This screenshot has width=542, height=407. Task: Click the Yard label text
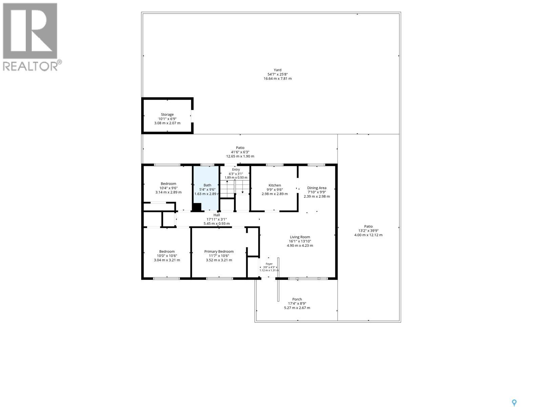coord(277,70)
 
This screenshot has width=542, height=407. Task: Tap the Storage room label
coord(167,114)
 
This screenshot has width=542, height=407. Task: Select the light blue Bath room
coord(206,189)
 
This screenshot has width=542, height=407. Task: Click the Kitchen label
coord(275,185)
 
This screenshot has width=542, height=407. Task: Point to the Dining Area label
coord(316,188)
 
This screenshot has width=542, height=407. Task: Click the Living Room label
coord(300,237)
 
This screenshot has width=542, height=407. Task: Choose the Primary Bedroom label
coord(219,252)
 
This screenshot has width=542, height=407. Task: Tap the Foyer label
coord(269,264)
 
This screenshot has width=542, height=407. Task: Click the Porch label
coord(297,299)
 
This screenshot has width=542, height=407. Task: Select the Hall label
coord(216,215)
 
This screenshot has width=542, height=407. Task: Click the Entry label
coord(236,170)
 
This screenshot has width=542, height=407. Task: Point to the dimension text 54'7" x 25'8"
coord(277,74)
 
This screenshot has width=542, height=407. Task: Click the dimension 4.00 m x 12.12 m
coord(368,235)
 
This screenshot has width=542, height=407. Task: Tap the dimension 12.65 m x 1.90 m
coord(240,156)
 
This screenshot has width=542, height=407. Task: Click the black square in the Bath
coord(197,207)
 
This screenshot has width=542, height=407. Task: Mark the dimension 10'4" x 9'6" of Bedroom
coord(168,188)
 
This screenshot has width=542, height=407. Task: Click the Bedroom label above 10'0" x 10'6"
coord(167,252)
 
